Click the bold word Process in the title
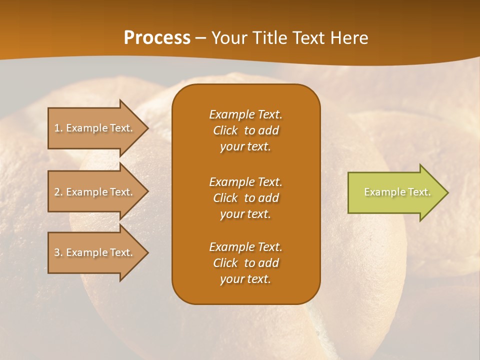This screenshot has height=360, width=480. point(157,38)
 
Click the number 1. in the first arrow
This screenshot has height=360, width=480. point(58,128)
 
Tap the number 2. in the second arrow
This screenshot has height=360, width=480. point(58,192)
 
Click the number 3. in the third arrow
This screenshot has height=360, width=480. point(58,252)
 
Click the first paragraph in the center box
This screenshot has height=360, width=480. point(245,130)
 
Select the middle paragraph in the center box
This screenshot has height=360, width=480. point(245,198)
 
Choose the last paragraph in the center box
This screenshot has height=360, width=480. point(245,263)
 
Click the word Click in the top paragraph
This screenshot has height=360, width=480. point(225,130)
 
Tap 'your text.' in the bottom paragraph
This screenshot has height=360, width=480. point(245,279)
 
